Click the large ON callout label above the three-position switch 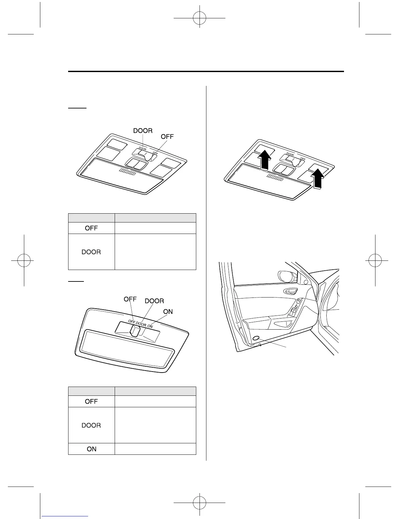click(168, 312)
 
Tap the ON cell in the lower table click(91, 449)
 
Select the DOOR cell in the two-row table click(91, 252)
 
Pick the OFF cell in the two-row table click(91, 228)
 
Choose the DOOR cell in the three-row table click(91, 425)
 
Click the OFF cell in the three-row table click(91, 401)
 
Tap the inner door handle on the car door click(291, 291)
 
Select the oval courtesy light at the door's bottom click(256, 338)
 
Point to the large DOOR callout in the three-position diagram click(154, 301)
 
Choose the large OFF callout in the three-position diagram click(130, 299)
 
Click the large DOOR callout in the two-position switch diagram click(143, 131)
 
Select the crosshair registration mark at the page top click(199, 18)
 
